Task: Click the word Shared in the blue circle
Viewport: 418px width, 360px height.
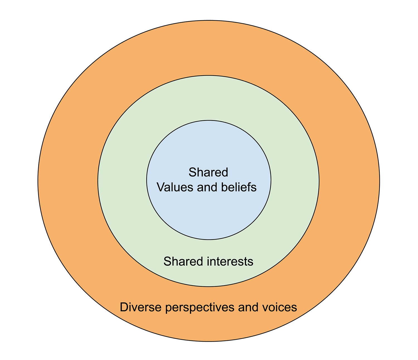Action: (x=208, y=172)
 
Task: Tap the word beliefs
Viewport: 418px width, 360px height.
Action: (x=239, y=187)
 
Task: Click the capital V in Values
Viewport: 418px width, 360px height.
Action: (x=161, y=187)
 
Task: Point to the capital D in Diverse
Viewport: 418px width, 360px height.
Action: (x=124, y=307)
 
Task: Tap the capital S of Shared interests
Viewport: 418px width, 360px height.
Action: (x=167, y=262)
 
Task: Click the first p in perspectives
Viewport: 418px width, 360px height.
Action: (x=169, y=308)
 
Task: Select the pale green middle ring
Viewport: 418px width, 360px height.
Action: (x=123, y=181)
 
